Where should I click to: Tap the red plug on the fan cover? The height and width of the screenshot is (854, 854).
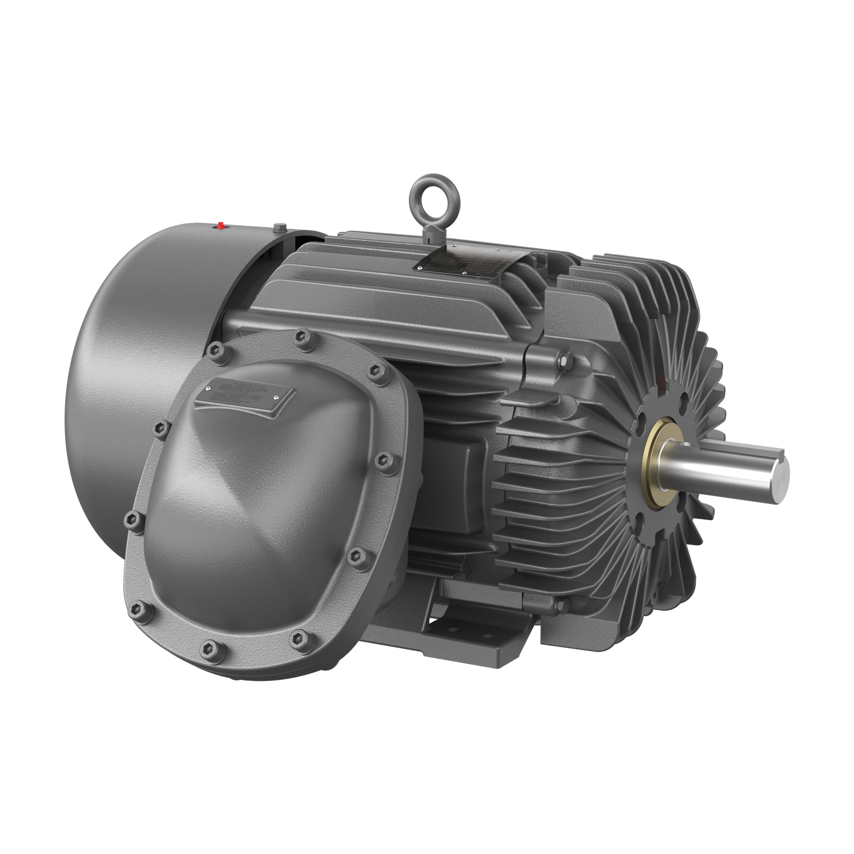coord(220,226)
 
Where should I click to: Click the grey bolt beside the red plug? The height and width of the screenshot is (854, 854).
coord(279,228)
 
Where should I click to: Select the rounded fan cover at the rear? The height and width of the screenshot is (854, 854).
coord(146,376)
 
